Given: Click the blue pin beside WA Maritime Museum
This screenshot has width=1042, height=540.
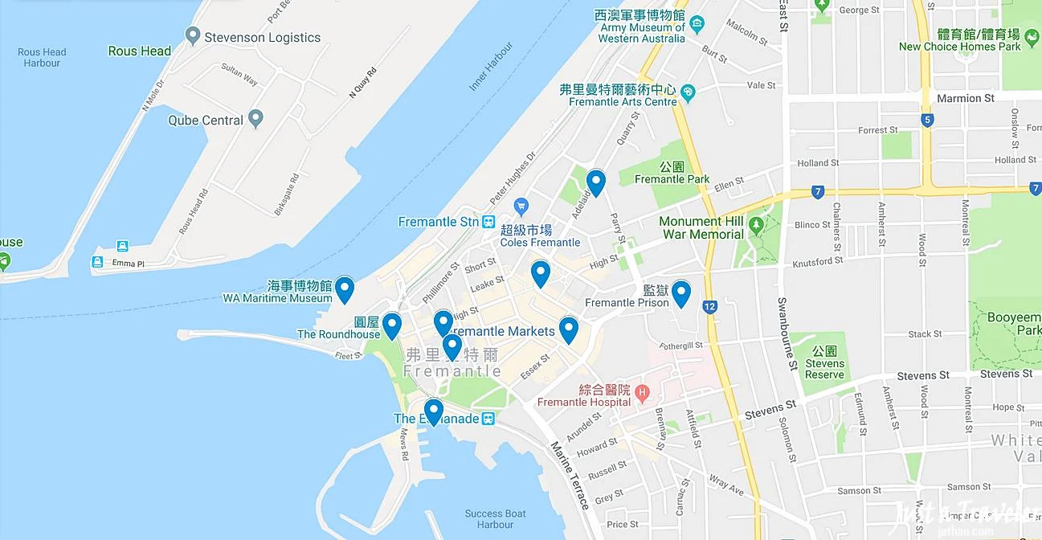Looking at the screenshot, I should pos(345,288).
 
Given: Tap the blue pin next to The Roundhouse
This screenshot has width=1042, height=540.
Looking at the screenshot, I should pos(391,325).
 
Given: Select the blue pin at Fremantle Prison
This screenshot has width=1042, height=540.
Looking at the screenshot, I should pos(681,293).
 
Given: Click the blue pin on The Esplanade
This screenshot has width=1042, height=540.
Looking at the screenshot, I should pos(434,411).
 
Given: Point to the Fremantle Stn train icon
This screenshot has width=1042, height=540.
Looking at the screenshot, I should pos(488,222).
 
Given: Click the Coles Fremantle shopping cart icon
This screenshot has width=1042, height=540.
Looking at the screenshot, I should pos(521,207).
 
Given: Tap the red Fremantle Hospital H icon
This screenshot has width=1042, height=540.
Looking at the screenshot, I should pos(641,393).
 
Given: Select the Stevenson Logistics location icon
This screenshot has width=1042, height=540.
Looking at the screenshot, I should pos(192,36).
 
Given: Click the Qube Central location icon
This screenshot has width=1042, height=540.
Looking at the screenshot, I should pos(255,120).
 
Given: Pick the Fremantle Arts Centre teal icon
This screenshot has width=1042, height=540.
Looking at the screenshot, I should pos(688,95).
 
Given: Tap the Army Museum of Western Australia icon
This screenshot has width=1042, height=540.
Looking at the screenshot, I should pos(697,22).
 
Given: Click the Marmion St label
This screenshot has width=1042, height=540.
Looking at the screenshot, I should pos(965,98).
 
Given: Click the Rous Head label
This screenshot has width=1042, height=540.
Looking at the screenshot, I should pos(139,51).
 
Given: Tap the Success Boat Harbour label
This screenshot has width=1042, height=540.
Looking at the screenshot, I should pos(495,519).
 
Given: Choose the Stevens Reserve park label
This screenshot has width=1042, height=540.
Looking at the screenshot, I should pos(825,363).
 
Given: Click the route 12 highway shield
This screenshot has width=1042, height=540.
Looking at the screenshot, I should pos(709,306).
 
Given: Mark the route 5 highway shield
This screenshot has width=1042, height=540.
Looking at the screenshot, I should pos(928,121).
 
